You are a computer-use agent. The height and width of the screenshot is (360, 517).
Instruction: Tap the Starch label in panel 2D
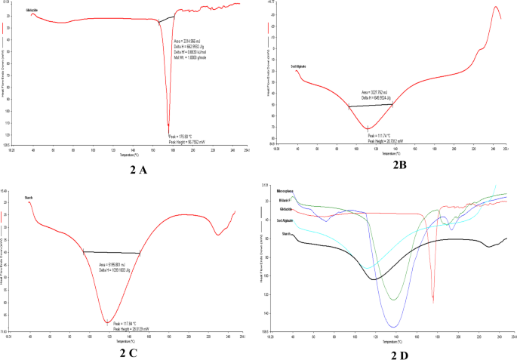(287, 234)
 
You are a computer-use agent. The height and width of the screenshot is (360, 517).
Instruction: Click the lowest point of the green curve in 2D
(393, 300)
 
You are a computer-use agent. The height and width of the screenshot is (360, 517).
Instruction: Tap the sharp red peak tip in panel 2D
(432, 302)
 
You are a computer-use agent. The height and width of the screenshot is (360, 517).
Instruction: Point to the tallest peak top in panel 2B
(496, 7)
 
